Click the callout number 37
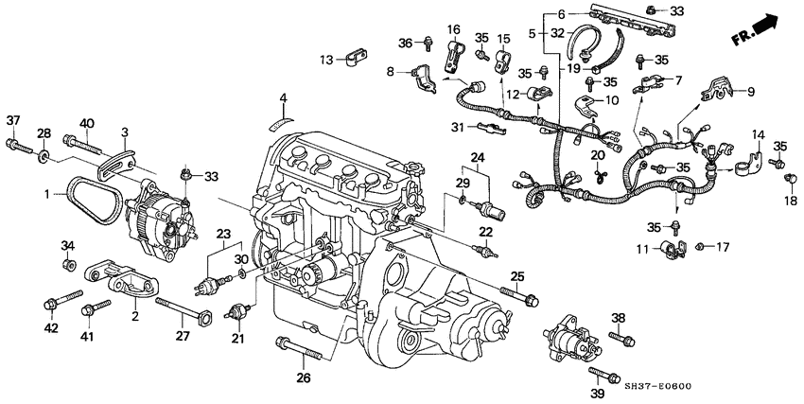click(x=12, y=120)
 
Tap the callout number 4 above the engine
click(x=282, y=97)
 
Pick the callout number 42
click(x=50, y=328)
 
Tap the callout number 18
click(x=789, y=202)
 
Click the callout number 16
click(x=453, y=30)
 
